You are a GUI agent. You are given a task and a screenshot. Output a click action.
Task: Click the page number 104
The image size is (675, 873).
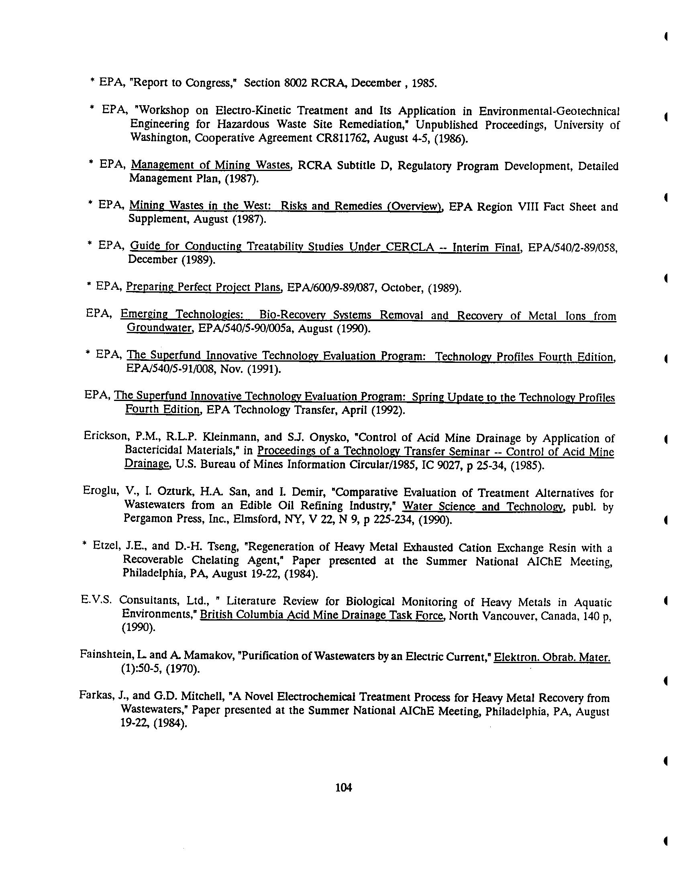343,788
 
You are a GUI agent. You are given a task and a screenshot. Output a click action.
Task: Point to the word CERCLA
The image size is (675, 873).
410,246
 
